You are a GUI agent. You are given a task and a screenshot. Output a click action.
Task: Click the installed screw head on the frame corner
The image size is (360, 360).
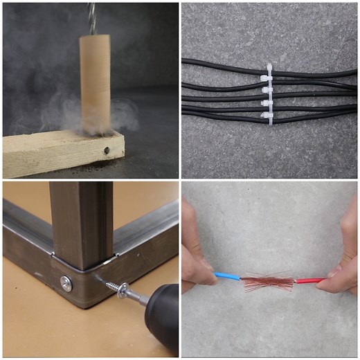(x=66, y=282)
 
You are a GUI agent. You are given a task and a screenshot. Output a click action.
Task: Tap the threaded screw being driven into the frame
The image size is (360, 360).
(x=111, y=285)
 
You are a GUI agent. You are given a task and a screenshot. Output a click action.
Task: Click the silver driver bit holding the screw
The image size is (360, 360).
(x=138, y=298)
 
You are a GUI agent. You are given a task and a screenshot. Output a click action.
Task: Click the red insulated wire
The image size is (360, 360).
(x=309, y=281)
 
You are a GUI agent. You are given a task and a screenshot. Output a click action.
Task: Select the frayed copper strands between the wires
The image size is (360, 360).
(x=267, y=280)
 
